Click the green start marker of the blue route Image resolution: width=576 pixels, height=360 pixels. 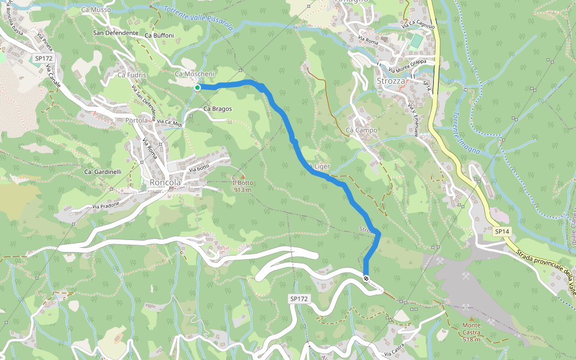tap(197, 88)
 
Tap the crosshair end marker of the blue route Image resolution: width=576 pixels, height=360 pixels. tap(366, 277)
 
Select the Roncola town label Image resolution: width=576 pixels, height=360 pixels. tap(166, 183)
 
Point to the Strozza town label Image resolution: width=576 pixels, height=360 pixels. tap(392, 81)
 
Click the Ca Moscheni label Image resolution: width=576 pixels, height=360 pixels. tap(194, 74)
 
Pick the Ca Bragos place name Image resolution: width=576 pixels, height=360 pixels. tap(217, 109)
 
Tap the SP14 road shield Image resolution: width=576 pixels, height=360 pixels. tap(502, 231)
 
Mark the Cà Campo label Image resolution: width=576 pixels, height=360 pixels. tap(361, 130)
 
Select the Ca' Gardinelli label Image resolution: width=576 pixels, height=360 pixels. tap(103, 172)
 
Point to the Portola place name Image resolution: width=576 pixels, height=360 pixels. tap(137, 121)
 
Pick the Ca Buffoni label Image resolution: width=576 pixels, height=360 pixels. tap(159, 35)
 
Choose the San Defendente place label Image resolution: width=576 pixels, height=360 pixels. tap(116, 33)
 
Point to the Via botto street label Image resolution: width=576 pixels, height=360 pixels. tap(199, 168)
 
